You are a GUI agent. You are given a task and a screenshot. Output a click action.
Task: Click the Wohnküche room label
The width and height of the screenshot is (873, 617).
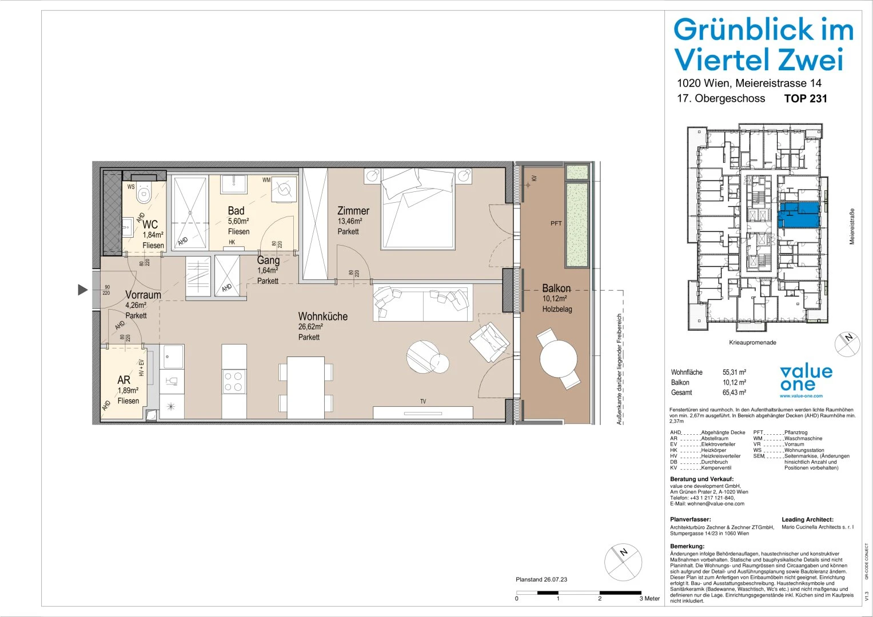[x=322, y=316]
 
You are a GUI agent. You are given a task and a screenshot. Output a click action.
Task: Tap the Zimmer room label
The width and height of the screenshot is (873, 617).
[x=353, y=211]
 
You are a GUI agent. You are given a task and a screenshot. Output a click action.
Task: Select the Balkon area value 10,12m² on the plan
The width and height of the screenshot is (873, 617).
[x=555, y=299]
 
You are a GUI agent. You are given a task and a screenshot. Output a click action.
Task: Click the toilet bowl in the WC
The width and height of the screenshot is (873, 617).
[x=143, y=194]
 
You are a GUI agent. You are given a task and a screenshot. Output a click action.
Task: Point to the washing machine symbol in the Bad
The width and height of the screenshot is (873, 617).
[x=284, y=188]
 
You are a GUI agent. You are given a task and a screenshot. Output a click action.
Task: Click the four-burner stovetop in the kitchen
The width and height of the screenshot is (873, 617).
[x=234, y=381]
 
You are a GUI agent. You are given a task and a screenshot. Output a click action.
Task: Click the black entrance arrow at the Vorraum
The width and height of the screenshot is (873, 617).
[x=83, y=290]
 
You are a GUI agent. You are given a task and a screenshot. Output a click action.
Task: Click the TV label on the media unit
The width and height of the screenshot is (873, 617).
[x=423, y=402]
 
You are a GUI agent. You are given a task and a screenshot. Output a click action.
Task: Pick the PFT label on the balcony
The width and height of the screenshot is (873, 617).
[x=556, y=223]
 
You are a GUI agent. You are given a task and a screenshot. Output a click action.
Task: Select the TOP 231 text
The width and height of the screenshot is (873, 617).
[x=805, y=98]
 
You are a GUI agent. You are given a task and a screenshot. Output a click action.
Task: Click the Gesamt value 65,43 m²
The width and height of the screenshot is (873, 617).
[x=734, y=392]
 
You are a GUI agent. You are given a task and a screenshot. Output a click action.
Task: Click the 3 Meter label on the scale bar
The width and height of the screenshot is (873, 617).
[x=649, y=599]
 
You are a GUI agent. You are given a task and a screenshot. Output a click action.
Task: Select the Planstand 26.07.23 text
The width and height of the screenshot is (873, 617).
[x=541, y=579]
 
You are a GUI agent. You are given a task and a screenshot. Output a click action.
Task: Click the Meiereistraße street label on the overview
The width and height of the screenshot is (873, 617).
[x=852, y=226]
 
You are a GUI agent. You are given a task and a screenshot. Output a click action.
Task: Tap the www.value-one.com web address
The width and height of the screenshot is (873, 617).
[x=801, y=396]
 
